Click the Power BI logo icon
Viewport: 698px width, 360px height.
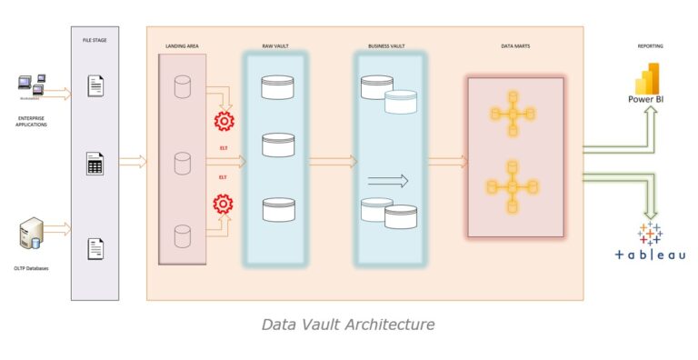(647, 79)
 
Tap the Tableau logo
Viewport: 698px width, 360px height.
(650, 235)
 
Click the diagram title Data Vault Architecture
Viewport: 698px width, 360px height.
(348, 324)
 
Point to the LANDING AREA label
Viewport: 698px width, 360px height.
(182, 45)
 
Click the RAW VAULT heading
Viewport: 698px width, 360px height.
(276, 45)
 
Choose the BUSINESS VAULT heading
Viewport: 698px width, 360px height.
(388, 45)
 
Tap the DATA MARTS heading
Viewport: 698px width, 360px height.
(515, 45)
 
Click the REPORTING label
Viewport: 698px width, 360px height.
(650, 45)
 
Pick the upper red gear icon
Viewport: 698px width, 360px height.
(223, 121)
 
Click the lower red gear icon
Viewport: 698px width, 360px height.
(223, 203)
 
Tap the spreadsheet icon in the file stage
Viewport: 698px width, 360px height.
(95, 164)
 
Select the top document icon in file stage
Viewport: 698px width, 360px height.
(95, 86)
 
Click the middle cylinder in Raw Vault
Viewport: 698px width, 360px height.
(278, 145)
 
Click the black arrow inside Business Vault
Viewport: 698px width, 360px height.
(388, 181)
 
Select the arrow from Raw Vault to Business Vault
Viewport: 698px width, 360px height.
(331, 162)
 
